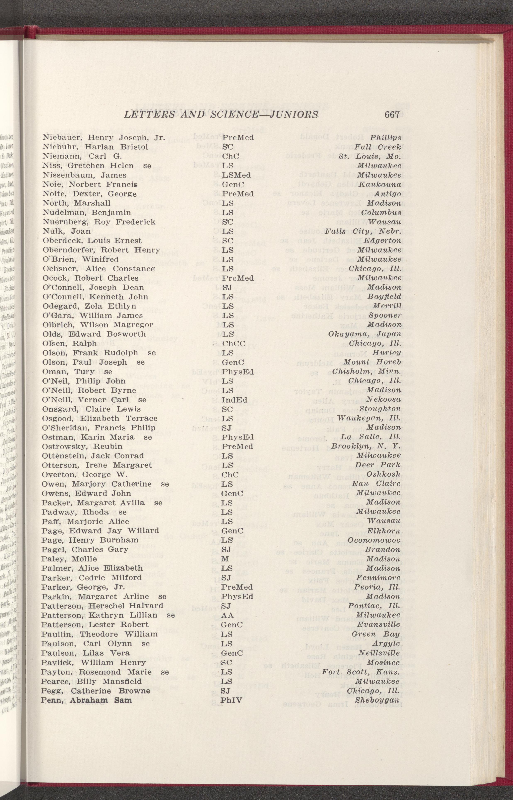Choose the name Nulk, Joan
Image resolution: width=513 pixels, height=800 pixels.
coord(67,231)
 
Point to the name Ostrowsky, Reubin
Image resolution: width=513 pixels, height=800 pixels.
coord(82,446)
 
